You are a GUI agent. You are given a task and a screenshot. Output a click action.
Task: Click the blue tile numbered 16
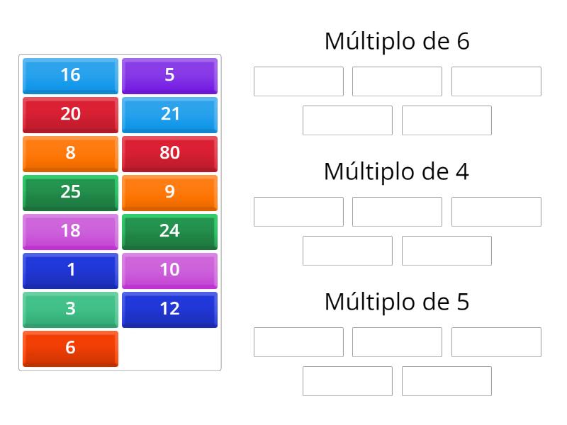pos(70,75)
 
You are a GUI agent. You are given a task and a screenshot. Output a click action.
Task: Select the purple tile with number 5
pos(169,75)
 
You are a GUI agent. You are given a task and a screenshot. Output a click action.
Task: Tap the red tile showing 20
pos(70,114)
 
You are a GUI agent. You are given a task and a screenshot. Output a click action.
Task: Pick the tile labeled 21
pos(169,114)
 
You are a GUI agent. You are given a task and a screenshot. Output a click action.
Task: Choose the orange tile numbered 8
pos(70,153)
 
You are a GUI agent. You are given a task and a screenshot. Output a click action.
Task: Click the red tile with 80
pos(169,153)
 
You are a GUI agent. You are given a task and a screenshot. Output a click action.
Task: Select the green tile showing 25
pos(70,192)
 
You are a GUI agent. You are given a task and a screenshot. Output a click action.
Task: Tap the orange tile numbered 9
pos(169,192)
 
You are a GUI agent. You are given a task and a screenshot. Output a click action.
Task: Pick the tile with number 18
pos(70,231)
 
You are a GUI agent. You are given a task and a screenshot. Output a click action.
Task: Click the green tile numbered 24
pos(169,231)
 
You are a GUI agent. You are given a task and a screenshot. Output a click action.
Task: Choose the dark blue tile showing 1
pos(70,270)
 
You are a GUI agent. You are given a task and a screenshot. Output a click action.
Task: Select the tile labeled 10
pos(169,270)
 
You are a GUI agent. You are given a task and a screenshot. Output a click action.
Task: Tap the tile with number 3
pos(70,309)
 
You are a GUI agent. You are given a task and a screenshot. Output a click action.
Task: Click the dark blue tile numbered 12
pos(169,309)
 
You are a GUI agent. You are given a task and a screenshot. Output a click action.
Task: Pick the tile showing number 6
pos(70,348)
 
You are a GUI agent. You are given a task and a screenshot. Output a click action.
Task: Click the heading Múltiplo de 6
pos(397,41)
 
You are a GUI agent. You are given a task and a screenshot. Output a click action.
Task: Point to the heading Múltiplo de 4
pos(397,171)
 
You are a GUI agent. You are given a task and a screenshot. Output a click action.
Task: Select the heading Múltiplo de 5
pos(397,302)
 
